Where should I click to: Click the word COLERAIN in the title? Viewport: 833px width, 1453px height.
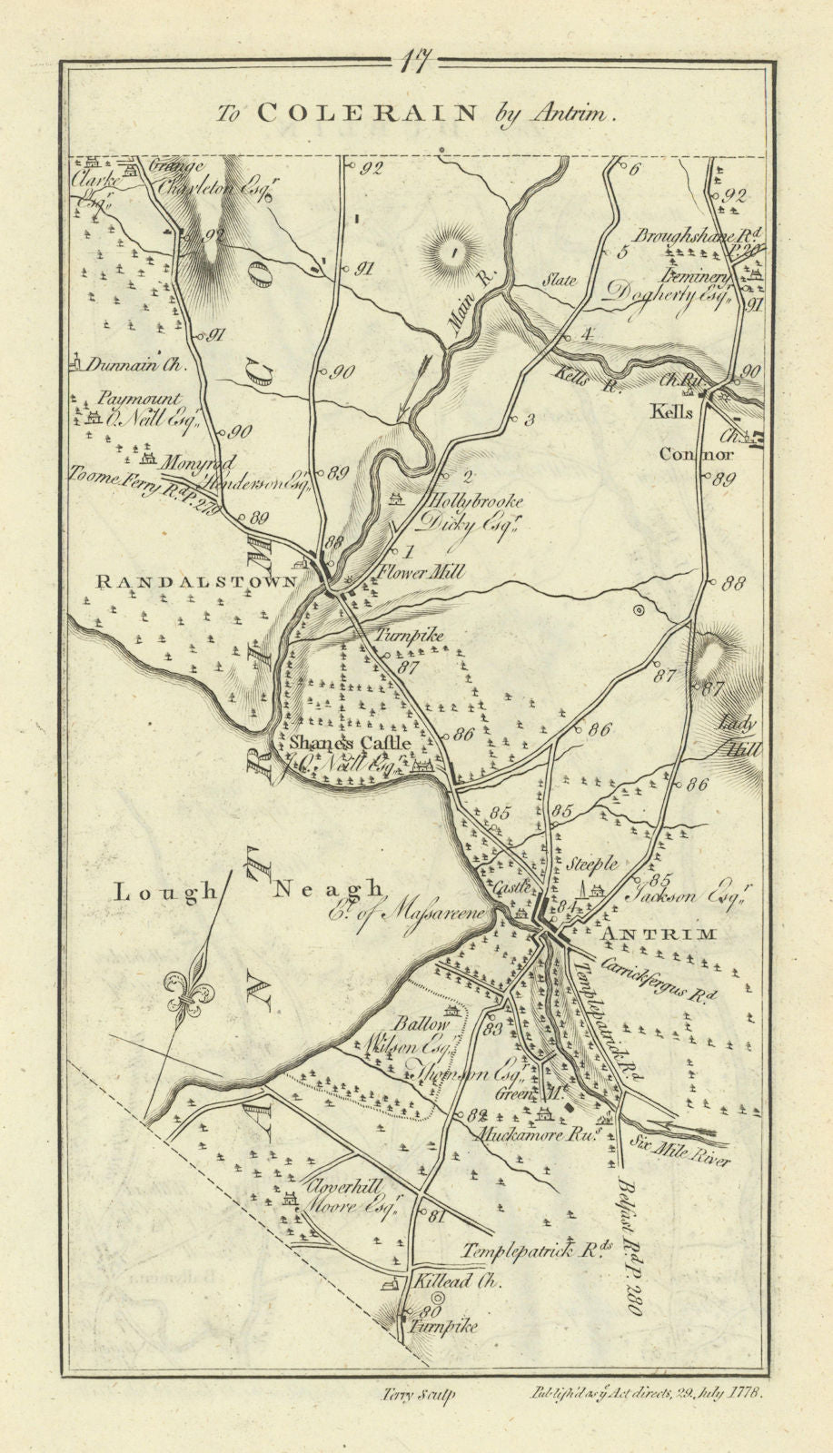click(367, 113)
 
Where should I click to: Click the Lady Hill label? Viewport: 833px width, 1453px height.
click(739, 736)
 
